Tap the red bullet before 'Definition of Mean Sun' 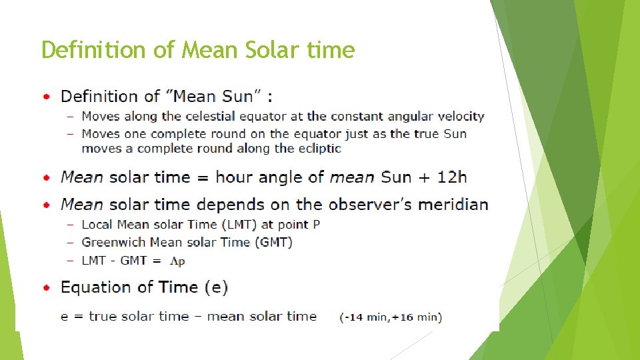pyautogui.click(x=46, y=97)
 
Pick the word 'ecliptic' pyautogui.click(x=318, y=148)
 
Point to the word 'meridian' pyautogui.click(x=458, y=205)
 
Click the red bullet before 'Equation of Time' pyautogui.click(x=46, y=288)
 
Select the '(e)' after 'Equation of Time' pyautogui.click(x=216, y=288)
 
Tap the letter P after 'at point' pyautogui.click(x=316, y=225)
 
